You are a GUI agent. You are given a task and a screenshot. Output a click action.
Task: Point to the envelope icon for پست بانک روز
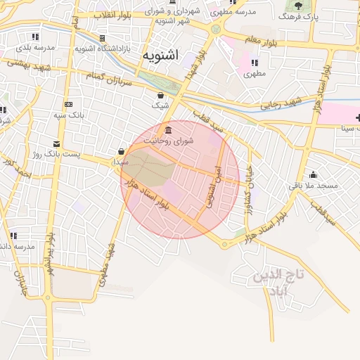56,143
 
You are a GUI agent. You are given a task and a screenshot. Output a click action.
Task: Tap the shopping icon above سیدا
122,151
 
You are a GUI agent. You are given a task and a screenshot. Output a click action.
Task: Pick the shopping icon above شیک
161,95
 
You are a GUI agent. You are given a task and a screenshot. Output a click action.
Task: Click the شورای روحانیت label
168,141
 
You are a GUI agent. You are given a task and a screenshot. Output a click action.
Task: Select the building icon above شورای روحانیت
168,130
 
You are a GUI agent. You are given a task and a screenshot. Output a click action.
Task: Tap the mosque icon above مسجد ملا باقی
313,175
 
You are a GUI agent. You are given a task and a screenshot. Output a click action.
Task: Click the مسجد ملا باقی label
314,186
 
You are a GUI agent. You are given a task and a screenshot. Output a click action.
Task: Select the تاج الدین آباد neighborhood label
280,282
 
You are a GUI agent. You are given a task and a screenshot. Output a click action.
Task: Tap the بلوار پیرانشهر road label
50,255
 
